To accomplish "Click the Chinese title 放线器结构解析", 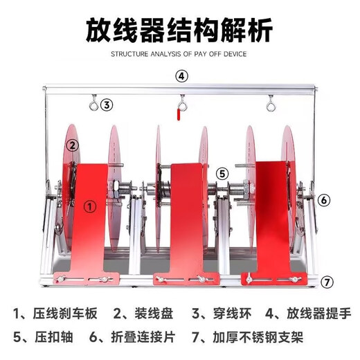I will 179,30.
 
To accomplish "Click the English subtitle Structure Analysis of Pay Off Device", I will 179,53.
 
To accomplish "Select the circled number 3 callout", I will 106,105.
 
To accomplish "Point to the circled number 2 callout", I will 72,145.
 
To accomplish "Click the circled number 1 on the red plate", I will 89,205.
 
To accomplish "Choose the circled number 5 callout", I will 222,173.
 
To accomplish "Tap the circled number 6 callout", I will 323,200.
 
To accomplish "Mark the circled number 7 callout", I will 327,282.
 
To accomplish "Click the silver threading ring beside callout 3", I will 91,105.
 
